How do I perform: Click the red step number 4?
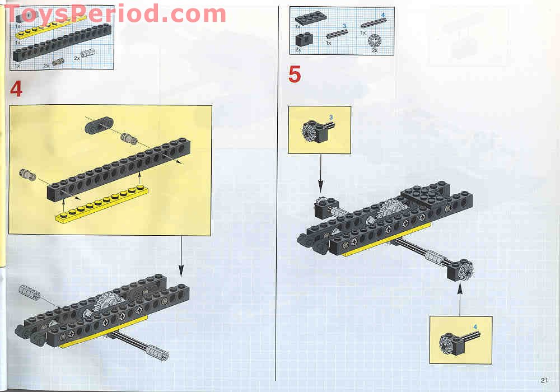(16, 88)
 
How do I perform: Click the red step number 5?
(295, 74)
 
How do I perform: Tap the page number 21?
(544, 381)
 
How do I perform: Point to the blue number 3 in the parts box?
(344, 26)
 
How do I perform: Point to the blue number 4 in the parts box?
(383, 15)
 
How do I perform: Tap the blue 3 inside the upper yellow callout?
(331, 117)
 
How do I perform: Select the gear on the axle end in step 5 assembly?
(464, 270)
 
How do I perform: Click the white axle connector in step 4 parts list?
(87, 54)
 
